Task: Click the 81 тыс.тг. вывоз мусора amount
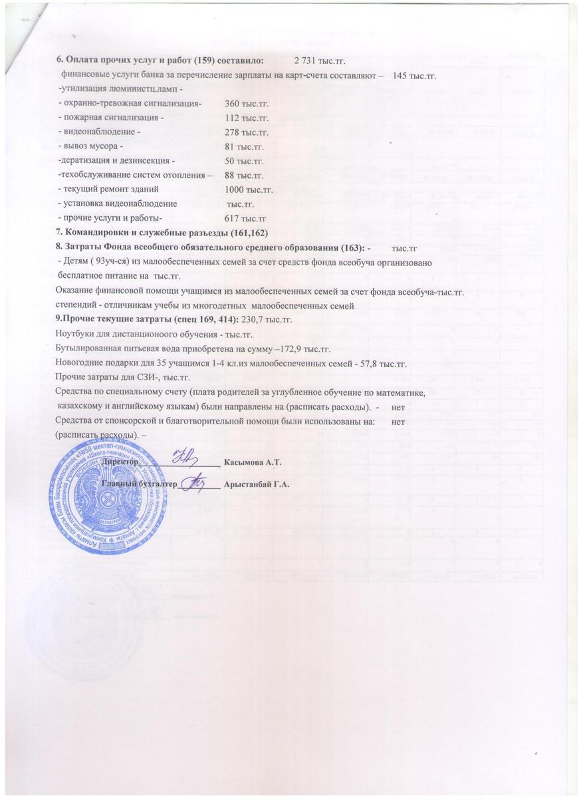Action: [244, 147]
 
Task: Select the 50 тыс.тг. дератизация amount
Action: [244, 162]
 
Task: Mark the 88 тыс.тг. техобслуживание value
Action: [244, 176]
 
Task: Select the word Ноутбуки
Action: [75, 334]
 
